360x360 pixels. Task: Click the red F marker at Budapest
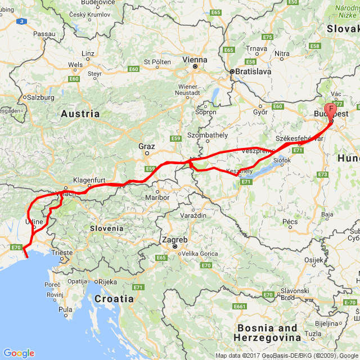331,109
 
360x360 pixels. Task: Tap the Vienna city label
195,59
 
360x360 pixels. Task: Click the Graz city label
146,146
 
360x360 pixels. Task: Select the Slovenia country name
106,228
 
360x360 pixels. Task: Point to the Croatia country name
114,299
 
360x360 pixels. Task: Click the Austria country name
80,114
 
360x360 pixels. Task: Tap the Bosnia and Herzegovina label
267,332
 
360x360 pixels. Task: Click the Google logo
19,353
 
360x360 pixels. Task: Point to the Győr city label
260,111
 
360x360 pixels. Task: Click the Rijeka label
106,282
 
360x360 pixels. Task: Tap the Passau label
44,34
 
